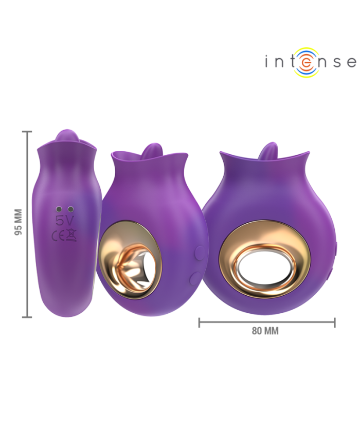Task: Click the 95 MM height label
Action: (x=19, y=222)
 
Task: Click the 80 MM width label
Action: (x=265, y=331)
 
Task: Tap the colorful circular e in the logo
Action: (x=304, y=62)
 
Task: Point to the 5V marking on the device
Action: (x=64, y=221)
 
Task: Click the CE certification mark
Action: (x=58, y=236)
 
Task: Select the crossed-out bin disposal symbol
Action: (x=71, y=235)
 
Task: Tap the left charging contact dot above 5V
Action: (x=59, y=209)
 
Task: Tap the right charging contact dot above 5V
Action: (x=70, y=209)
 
